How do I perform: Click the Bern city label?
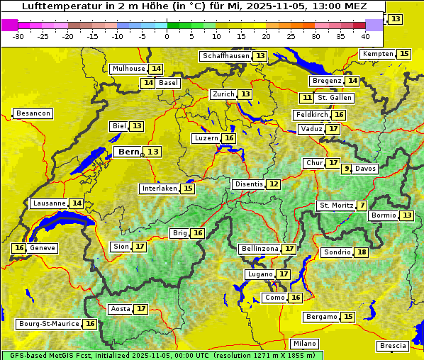(128, 152)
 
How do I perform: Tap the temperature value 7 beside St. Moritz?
(362, 206)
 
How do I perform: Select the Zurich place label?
(223, 94)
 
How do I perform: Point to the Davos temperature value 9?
(347, 169)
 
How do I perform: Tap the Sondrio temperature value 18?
(362, 252)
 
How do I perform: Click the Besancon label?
(33, 113)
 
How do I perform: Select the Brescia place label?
(393, 346)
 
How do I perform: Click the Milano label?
(305, 343)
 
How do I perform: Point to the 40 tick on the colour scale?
(365, 35)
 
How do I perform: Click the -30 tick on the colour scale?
(18, 35)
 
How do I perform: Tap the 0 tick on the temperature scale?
(167, 35)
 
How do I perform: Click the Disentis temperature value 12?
(273, 184)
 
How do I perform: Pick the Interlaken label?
(160, 189)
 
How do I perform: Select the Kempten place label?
(378, 54)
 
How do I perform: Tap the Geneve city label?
(43, 248)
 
